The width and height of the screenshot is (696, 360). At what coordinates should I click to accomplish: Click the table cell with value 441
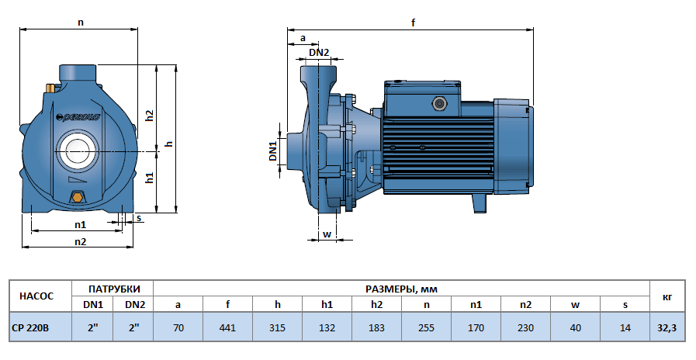tap(227, 328)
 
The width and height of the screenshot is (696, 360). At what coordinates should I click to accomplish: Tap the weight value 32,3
tap(667, 328)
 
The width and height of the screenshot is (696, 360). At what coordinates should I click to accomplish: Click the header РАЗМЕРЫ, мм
tap(401, 289)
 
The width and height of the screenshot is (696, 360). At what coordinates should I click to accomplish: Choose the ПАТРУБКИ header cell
tap(113, 289)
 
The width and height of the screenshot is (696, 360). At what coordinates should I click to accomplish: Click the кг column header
tap(667, 296)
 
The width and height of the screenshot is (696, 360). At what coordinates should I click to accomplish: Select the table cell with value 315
tap(277, 328)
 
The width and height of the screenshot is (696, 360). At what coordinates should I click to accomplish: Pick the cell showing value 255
tap(426, 328)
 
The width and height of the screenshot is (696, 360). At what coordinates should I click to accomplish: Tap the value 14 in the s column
tap(625, 328)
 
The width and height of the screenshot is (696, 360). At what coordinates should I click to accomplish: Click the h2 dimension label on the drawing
tap(150, 114)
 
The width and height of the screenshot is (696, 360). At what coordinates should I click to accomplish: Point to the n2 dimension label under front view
tap(80, 241)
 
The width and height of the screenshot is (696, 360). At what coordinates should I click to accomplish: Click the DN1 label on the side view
tap(273, 151)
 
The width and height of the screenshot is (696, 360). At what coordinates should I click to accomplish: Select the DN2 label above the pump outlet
tap(319, 52)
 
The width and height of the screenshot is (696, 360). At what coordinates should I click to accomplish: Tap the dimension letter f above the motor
tap(414, 22)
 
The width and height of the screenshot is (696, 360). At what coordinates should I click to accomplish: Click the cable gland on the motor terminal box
tap(437, 102)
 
